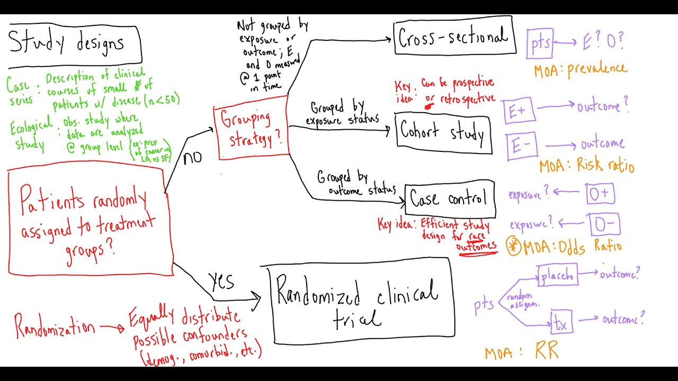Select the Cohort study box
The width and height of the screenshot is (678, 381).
[444, 133]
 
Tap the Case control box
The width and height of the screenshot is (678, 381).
[450, 199]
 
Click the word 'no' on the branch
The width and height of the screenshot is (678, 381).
[193, 158]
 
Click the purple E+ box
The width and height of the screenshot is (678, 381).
[518, 112]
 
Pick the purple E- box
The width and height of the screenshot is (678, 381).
[521, 146]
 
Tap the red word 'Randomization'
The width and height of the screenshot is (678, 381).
[54, 325]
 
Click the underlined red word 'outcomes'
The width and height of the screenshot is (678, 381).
[477, 246]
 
